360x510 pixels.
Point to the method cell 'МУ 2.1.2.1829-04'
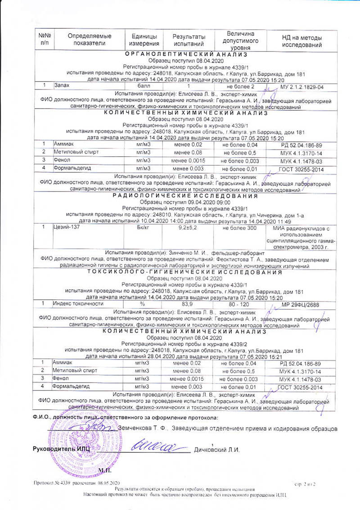coord(302,86)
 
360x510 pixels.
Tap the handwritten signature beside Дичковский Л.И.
coord(157,447)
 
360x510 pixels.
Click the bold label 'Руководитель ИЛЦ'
coord(62,449)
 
